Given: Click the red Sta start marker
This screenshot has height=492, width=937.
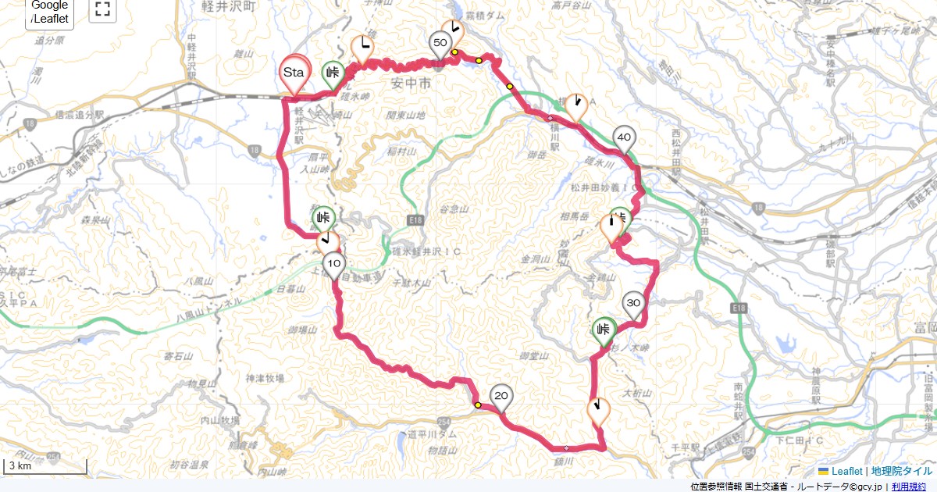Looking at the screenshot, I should click(x=294, y=72).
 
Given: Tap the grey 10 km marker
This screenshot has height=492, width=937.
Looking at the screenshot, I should click(x=333, y=263).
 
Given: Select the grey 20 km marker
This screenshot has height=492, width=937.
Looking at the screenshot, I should click(x=501, y=396).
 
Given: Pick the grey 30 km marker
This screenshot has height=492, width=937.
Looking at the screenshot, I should click(x=633, y=303).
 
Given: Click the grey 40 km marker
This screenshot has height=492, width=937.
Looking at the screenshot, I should click(x=624, y=137).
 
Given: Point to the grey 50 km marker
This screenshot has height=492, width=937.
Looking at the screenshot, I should click(x=440, y=43).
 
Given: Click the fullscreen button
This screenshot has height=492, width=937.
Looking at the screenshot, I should click(x=102, y=10).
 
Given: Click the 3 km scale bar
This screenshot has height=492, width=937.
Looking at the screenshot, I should click(x=45, y=467).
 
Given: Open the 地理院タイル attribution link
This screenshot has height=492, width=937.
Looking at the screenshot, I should click(x=901, y=471).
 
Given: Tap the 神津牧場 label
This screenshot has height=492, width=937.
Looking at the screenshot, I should click(x=264, y=378).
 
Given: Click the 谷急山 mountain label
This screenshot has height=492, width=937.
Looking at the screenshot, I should click(x=453, y=209).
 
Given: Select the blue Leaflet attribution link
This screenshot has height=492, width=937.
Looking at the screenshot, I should click(x=846, y=471).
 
